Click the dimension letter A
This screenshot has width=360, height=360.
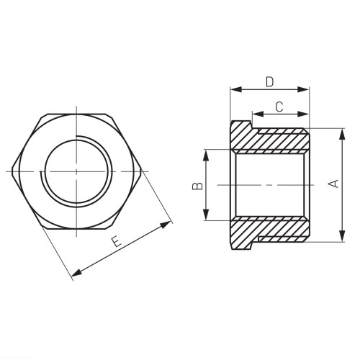point(333,184)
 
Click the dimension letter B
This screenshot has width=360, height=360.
point(198,186)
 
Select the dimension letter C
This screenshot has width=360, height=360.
point(279,107)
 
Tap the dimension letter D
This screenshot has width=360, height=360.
point(269,82)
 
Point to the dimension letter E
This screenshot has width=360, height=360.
point(116,241)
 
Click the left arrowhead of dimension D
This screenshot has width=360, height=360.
point(235,89)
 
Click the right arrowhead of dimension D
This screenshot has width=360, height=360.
point(303,89)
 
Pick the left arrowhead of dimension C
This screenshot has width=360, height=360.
point(258,114)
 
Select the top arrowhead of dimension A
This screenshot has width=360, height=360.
point(342,135)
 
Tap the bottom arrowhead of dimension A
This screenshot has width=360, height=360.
point(342,236)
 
